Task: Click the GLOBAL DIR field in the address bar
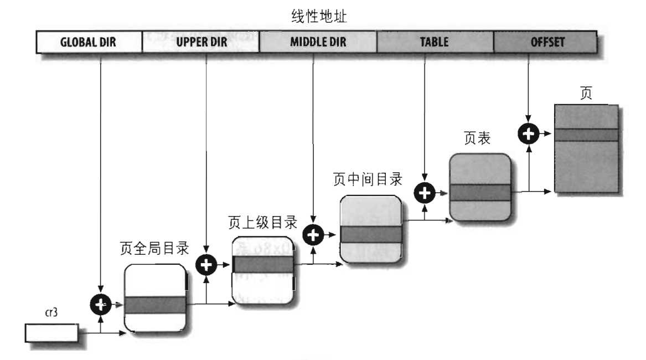pyautogui.click(x=89, y=42)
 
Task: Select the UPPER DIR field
pyautogui.click(x=201, y=42)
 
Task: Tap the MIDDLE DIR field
pyautogui.click(x=318, y=42)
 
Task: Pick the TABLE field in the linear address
pyautogui.click(x=435, y=42)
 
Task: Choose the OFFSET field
pyautogui.click(x=545, y=42)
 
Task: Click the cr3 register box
pyautogui.click(x=51, y=333)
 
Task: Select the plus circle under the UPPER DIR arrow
pyautogui.click(x=206, y=265)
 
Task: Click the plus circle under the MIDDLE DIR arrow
pyautogui.click(x=314, y=235)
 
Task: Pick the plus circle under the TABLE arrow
pyautogui.click(x=425, y=193)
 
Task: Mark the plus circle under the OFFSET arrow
pyautogui.click(x=529, y=133)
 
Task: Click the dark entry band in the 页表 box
pyautogui.click(x=479, y=193)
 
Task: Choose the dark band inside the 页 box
pyautogui.click(x=585, y=135)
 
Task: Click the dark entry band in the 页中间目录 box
pyautogui.click(x=370, y=234)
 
